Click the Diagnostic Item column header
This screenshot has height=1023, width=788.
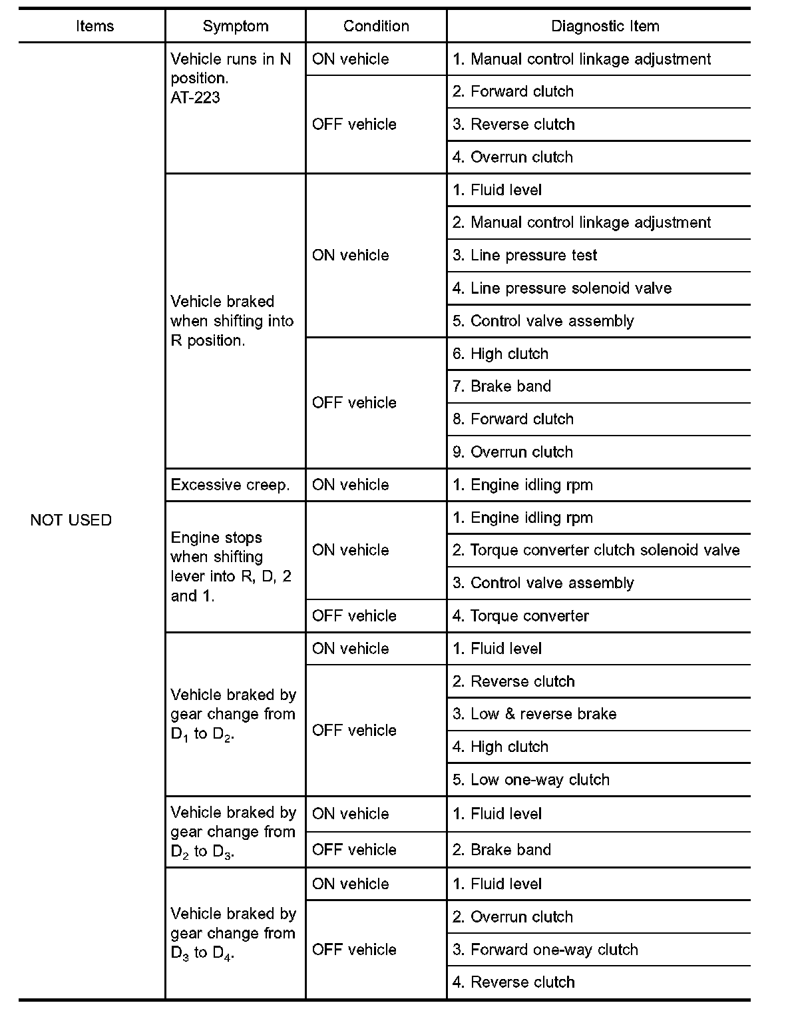pos(605,27)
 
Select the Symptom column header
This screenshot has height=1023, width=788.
pos(236,27)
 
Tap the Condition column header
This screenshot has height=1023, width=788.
pos(376,27)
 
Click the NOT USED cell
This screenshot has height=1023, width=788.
pos(71,520)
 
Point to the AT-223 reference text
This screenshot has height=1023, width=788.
pos(195,98)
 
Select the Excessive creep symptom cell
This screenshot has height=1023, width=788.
pos(230,485)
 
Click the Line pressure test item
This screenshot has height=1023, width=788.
pos(524,256)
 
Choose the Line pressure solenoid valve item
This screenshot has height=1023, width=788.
pos(562,288)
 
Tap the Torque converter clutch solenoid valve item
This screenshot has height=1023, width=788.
pos(596,550)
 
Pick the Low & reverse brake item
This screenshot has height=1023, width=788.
pos(534,714)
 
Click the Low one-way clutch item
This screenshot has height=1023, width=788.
pos(531,780)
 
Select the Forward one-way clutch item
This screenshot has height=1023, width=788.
pos(545,950)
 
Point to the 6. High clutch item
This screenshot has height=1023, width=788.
pos(500,354)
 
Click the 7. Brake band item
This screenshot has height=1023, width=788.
pos(502,386)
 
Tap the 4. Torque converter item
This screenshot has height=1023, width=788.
pos(520,616)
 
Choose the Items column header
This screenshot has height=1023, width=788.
pos(95,27)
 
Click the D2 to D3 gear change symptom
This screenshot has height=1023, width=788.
pos(233,832)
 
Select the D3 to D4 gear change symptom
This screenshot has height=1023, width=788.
pos(233,933)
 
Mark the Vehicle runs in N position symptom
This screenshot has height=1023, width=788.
pos(231,69)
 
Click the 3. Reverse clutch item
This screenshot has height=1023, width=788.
pos(513,125)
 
